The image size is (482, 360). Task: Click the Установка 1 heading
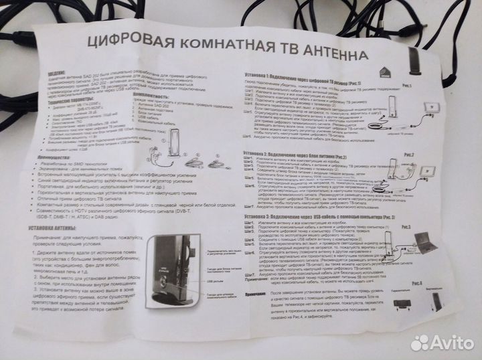point(298,76)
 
